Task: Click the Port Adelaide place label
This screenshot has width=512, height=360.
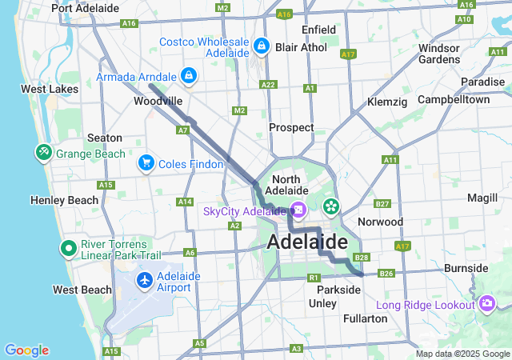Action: pyautogui.click(x=85, y=8)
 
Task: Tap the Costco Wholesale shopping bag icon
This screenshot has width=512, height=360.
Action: pyautogui.click(x=261, y=46)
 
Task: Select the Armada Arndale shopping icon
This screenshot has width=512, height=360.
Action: pyautogui.click(x=188, y=76)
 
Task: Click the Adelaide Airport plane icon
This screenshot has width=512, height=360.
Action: pyautogui.click(x=145, y=281)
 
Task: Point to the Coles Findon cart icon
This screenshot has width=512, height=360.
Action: pyautogui.click(x=146, y=163)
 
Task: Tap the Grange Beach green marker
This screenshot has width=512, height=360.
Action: pyautogui.click(x=43, y=152)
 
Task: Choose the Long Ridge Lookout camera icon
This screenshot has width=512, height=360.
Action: pyautogui.click(x=487, y=304)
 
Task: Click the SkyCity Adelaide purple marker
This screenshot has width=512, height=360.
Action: pyautogui.click(x=298, y=211)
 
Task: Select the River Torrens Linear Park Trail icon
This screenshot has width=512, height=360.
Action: pyautogui.click(x=69, y=249)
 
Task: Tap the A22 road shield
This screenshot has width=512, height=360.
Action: pyautogui.click(x=268, y=85)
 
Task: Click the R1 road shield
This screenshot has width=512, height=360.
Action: pyautogui.click(x=313, y=278)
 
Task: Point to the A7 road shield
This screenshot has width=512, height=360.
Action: pyautogui.click(x=183, y=130)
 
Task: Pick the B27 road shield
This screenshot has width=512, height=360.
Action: pyautogui.click(x=382, y=204)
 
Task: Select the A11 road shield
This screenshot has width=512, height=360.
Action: pyautogui.click(x=390, y=161)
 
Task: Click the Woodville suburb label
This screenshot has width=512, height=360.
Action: pyautogui.click(x=158, y=102)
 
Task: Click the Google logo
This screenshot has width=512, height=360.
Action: pyautogui.click(x=26, y=350)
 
